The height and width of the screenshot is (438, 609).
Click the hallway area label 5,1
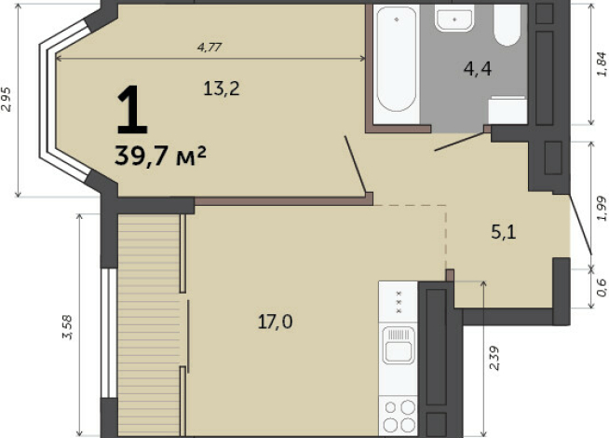click(x=503, y=231)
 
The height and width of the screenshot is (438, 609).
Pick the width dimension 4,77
click(x=209, y=46)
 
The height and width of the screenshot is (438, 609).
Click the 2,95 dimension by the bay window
click(x=7, y=99)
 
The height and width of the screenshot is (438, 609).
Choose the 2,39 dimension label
click(x=494, y=360)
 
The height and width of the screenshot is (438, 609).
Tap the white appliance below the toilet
click(x=508, y=109)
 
